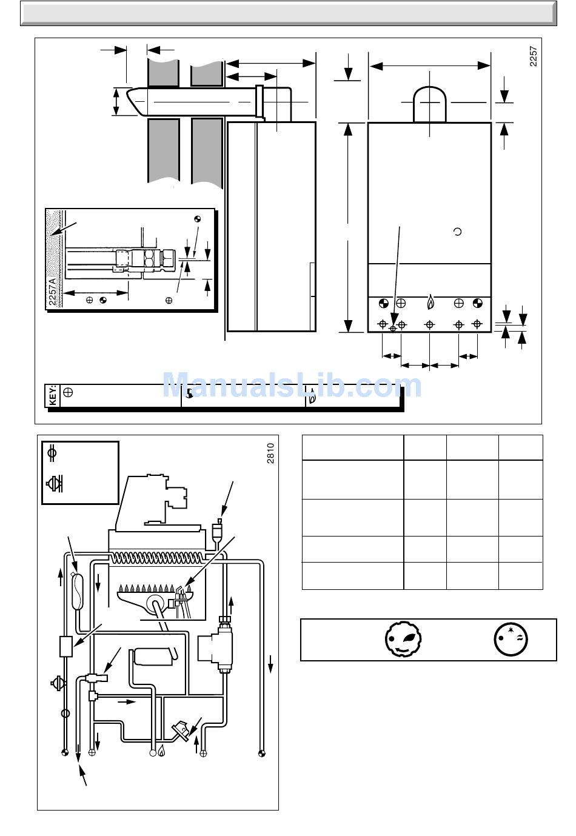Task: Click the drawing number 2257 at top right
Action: tap(534, 56)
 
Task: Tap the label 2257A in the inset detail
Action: tap(52, 292)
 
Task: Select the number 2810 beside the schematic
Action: tap(270, 453)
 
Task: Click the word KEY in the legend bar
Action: tap(53, 396)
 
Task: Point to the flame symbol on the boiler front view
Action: tap(430, 302)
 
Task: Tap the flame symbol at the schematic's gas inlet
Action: tap(161, 750)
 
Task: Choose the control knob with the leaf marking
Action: tap(403, 639)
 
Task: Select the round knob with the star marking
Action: tap(511, 640)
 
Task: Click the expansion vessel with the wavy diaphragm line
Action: tap(77, 592)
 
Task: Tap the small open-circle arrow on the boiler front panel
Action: tap(457, 232)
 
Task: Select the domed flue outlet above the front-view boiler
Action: tap(430, 104)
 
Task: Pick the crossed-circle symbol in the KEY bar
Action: tap(68, 392)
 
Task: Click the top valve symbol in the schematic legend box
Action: tap(52, 453)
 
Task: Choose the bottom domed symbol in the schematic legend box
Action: tap(54, 484)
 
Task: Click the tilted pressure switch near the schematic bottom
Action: tap(181, 728)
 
